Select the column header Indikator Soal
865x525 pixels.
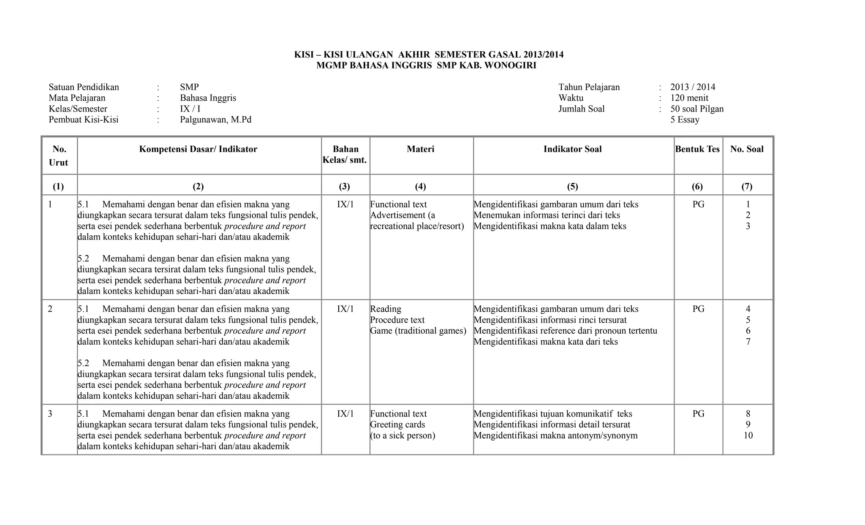[572, 149]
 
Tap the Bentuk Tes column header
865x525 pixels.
[697, 149]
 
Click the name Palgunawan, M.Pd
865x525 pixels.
[215, 120]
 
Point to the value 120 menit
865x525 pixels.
[689, 98]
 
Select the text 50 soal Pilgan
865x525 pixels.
[697, 109]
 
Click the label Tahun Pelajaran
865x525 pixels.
[589, 87]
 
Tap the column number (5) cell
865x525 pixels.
[572, 186]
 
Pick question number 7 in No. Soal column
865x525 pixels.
[748, 342]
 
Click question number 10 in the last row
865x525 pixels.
[748, 435]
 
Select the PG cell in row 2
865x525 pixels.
[698, 309]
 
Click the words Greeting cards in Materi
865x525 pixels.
[397, 424]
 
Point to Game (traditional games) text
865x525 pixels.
[418, 331]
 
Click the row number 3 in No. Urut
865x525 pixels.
[50, 414]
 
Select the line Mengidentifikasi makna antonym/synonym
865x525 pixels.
[555, 435]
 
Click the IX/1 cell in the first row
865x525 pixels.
[345, 204]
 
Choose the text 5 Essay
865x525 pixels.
[685, 120]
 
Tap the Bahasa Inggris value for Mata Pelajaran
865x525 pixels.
[208, 98]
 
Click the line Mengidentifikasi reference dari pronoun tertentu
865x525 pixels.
[565, 331]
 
